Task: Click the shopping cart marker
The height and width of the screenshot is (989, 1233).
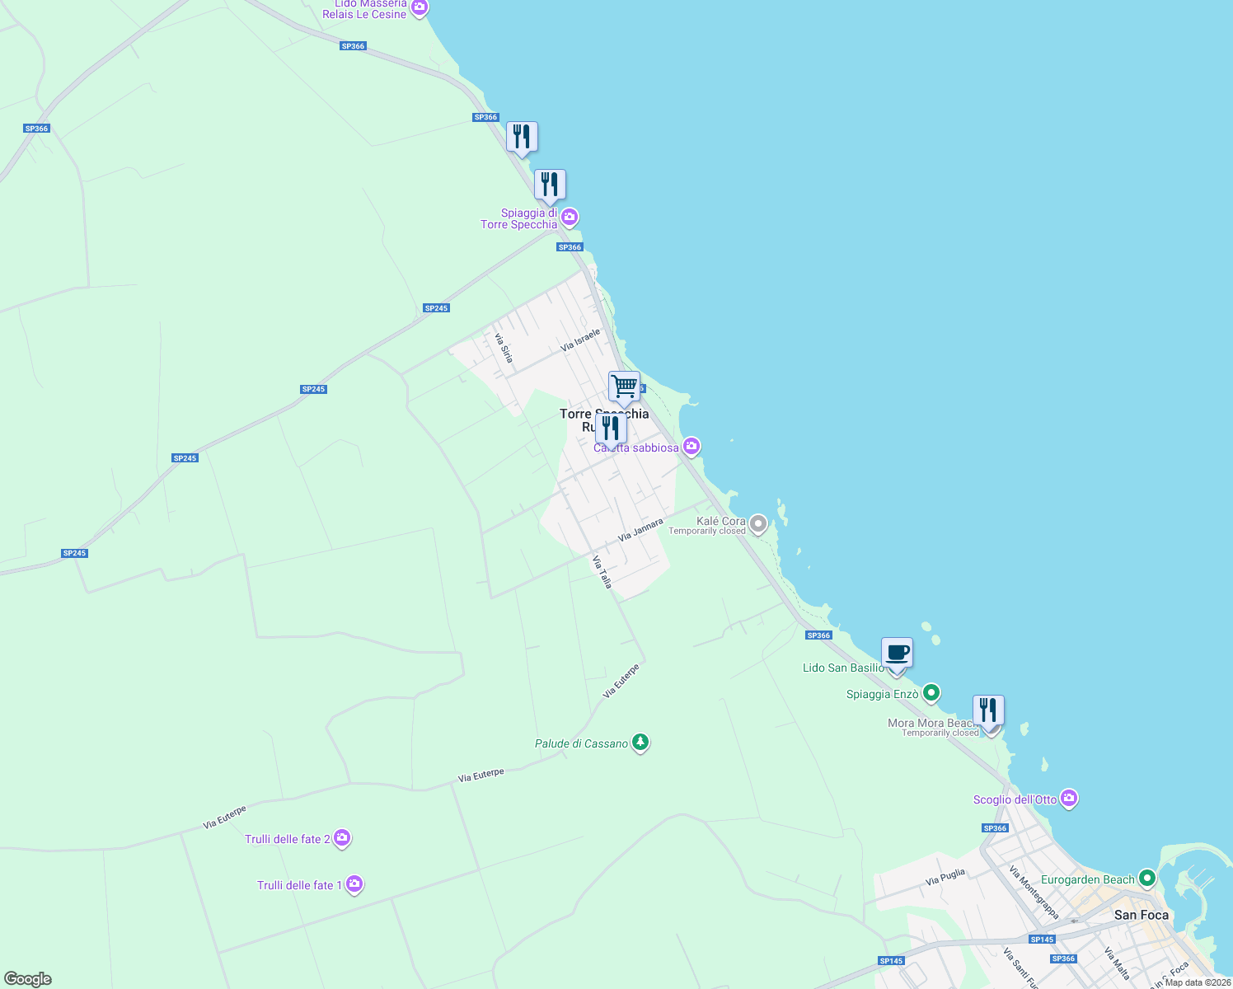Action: tap(624, 386)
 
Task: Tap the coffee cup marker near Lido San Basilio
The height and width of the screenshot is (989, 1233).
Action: tap(897, 653)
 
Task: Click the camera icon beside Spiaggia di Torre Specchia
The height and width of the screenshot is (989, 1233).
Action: tap(569, 218)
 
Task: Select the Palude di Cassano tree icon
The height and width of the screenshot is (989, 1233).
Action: tap(640, 743)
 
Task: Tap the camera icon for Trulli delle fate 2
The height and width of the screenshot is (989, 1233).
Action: tap(342, 838)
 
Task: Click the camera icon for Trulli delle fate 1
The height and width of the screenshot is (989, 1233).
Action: tap(354, 884)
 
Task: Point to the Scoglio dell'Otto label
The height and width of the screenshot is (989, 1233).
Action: tap(1015, 799)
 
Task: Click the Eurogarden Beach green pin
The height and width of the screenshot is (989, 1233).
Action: tap(1146, 879)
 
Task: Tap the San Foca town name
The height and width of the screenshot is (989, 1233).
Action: tap(1141, 915)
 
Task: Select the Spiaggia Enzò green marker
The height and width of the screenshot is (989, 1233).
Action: tap(931, 693)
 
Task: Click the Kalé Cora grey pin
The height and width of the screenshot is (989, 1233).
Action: tap(758, 523)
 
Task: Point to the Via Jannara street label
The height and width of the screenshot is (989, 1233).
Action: tap(640, 530)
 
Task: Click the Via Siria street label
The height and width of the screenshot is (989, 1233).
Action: tap(504, 348)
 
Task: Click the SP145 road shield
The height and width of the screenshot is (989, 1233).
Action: tap(1042, 940)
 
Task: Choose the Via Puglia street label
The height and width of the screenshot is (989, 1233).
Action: tap(945, 877)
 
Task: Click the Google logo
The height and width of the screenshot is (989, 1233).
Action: tap(27, 979)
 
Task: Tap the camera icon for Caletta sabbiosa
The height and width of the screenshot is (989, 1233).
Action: tap(692, 447)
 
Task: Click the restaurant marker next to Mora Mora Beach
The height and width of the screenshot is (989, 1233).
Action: tap(987, 710)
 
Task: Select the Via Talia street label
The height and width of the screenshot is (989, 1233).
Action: tap(602, 571)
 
